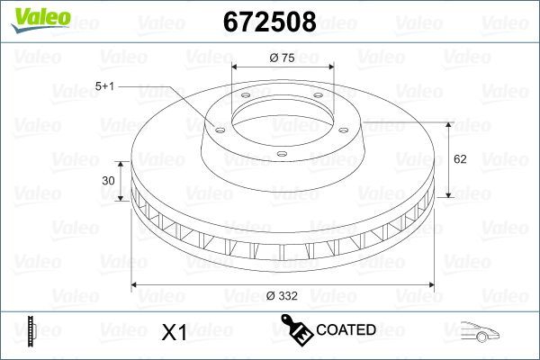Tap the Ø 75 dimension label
click(x=283, y=58)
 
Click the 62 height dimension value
click(x=459, y=159)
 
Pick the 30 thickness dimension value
click(x=109, y=181)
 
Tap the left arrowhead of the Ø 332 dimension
click(x=136, y=285)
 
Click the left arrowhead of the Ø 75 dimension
click(x=236, y=68)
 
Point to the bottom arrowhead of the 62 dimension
click(x=447, y=195)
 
